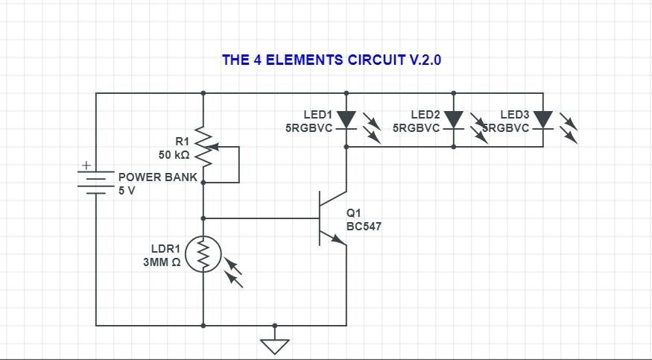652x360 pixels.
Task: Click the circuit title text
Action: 332,60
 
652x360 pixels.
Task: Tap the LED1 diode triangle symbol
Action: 346,120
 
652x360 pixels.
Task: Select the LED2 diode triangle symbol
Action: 453,120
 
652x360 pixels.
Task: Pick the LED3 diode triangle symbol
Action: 542,120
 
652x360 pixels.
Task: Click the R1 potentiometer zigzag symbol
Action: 203,146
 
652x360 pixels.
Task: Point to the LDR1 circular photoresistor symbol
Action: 203,254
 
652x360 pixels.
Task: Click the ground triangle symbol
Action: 274,347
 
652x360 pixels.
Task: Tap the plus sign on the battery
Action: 86,165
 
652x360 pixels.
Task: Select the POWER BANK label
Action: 157,177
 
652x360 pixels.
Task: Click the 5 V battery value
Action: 127,191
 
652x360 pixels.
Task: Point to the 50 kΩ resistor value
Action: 174,155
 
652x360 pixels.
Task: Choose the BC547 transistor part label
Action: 364,227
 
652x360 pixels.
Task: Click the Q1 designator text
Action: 353,213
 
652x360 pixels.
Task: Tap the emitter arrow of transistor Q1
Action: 338,239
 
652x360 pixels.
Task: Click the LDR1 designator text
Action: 165,249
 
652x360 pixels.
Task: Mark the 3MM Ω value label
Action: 162,262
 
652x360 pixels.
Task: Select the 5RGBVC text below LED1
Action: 309,128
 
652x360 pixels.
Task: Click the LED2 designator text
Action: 425,114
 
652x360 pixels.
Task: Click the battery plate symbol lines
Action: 95,182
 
